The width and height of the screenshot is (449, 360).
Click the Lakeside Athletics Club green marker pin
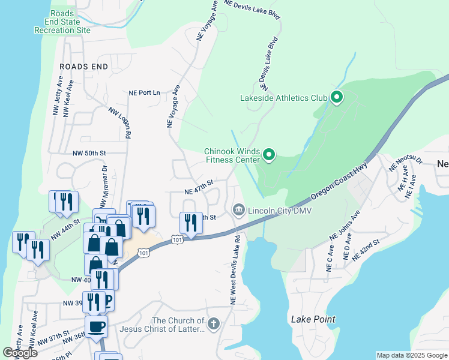point(337,97)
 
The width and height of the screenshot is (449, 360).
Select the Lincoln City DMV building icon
point(238,210)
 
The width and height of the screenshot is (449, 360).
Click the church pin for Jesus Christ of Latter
point(214,325)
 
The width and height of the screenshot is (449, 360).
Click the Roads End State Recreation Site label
point(62,22)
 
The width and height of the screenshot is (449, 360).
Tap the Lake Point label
point(313,319)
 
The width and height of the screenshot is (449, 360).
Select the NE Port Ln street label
point(145,93)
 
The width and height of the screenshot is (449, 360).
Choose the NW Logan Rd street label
point(119,123)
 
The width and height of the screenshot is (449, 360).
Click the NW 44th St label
point(65,230)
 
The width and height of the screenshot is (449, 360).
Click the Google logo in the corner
point(20,353)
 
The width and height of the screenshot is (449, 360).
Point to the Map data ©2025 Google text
point(411,355)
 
